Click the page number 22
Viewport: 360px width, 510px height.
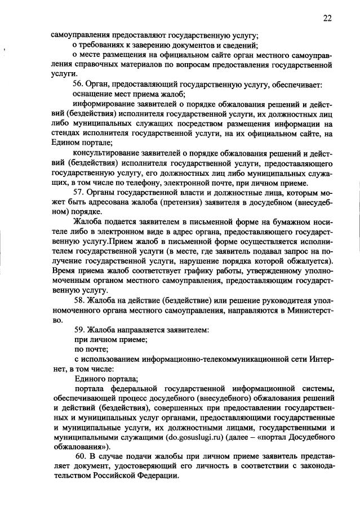point(327,17)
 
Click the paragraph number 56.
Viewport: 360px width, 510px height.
point(79,85)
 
